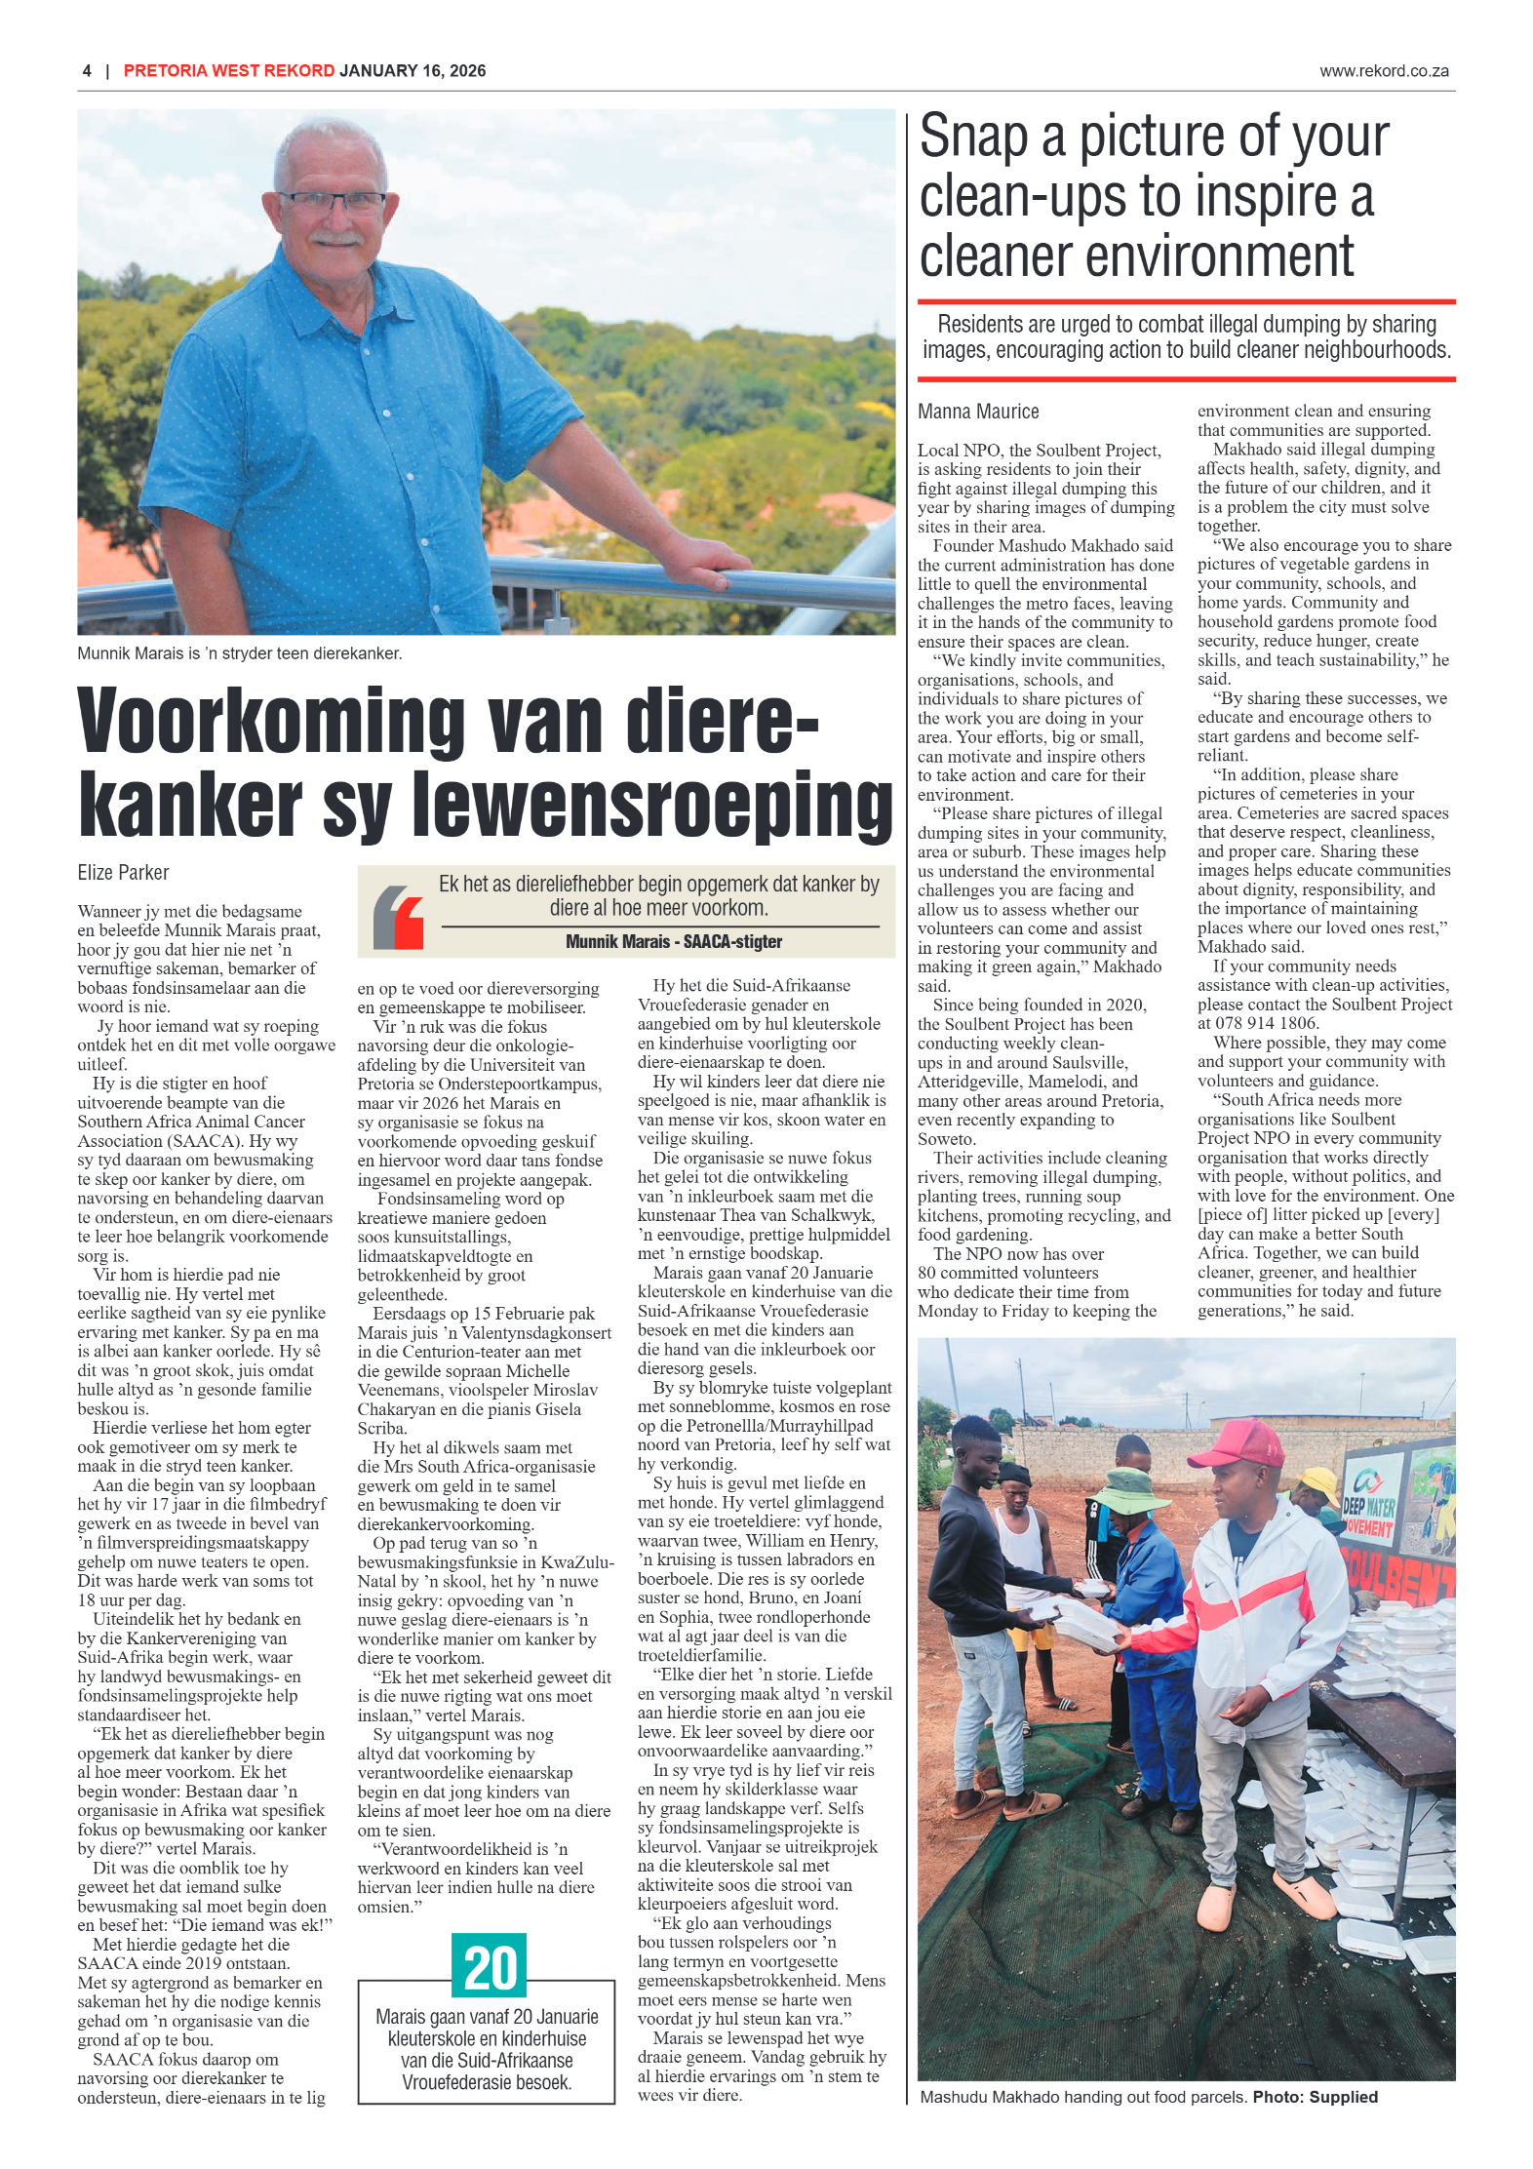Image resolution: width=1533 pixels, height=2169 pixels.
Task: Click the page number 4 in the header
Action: pos(87,71)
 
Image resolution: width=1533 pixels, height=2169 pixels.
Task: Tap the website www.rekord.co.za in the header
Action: pos(1383,71)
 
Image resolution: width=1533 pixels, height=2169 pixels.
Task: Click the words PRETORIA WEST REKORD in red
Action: pos(229,71)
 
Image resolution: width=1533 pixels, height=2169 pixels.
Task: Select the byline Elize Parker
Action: pos(123,872)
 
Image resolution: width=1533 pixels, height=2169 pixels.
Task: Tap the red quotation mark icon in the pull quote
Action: pos(398,917)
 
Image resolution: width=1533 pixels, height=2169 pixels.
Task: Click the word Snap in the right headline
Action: pos(973,137)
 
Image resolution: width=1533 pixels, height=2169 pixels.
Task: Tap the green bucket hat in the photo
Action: pos(1134,1490)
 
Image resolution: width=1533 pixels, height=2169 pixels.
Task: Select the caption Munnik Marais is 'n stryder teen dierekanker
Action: pos(239,653)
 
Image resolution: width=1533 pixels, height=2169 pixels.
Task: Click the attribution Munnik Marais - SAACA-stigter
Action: pos(674,941)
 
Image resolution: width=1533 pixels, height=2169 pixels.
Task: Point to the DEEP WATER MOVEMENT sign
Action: pos(1370,1508)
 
